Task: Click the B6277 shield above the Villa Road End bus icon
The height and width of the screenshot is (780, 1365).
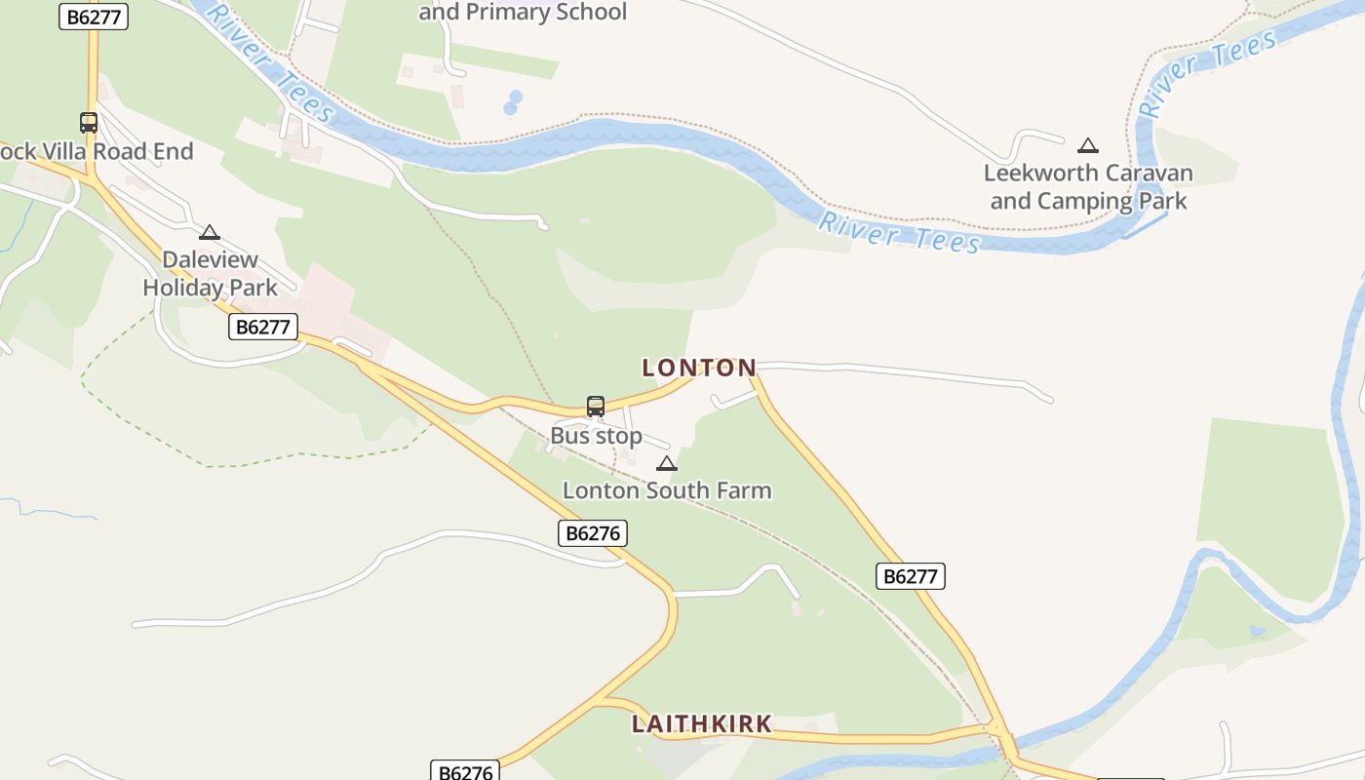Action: click(x=94, y=17)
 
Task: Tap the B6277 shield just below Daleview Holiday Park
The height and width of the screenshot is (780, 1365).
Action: click(x=263, y=327)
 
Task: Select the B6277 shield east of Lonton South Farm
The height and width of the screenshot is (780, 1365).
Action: click(x=910, y=576)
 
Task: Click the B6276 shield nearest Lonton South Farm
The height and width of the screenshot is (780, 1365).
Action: click(x=593, y=533)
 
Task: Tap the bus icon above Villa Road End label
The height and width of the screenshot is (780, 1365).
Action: click(x=89, y=123)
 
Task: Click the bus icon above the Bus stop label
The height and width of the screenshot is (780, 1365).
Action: click(x=595, y=407)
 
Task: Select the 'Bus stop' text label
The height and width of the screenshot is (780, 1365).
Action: click(x=596, y=436)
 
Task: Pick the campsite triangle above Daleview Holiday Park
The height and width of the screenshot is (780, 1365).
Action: click(x=209, y=233)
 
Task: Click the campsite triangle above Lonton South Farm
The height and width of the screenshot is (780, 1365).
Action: click(x=667, y=463)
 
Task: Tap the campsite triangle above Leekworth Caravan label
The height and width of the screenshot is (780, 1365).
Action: click(x=1088, y=146)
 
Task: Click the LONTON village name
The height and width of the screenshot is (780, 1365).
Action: click(x=699, y=368)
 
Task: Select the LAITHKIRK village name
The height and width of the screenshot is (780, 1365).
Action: click(x=702, y=724)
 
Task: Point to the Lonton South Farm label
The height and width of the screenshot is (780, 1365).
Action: click(x=667, y=490)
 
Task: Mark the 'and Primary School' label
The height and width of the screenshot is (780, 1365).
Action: click(x=523, y=13)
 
